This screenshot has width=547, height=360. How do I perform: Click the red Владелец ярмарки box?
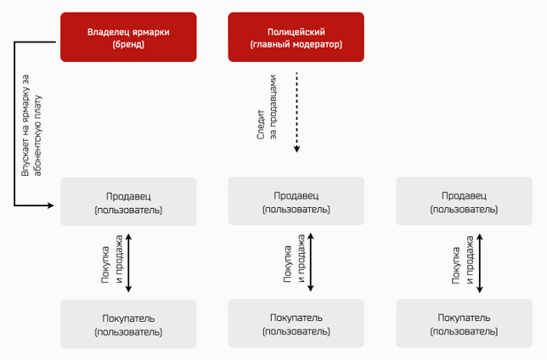(128, 37)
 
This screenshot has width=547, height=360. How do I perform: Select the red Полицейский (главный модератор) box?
(296, 37)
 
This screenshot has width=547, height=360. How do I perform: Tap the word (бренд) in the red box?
(128, 44)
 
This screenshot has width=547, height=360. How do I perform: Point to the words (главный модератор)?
(296, 44)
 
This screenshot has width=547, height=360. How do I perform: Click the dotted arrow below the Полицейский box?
(296, 112)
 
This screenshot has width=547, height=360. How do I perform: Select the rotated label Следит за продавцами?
(267, 108)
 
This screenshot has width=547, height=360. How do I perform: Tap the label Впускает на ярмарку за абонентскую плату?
(31, 125)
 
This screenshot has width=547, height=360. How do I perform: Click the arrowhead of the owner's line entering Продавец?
(51, 205)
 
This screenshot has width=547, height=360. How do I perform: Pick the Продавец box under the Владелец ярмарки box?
(128, 201)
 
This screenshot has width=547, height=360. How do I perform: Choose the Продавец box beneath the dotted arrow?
(296, 201)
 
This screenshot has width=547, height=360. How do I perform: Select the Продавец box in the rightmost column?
(464, 201)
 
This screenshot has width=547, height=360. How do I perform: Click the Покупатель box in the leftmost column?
(128, 323)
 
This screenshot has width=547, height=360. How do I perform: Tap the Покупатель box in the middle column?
(296, 323)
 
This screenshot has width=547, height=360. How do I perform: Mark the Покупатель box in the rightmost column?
(464, 323)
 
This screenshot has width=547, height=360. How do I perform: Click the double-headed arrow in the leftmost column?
(128, 262)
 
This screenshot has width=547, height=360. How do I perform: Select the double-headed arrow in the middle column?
(311, 262)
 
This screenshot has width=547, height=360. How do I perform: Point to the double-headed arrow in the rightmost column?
(480, 263)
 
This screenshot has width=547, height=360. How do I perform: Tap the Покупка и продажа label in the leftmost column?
(111, 259)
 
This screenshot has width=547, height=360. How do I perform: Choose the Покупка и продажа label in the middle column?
(294, 258)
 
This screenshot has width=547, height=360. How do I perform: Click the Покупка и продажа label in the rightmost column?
(463, 260)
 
